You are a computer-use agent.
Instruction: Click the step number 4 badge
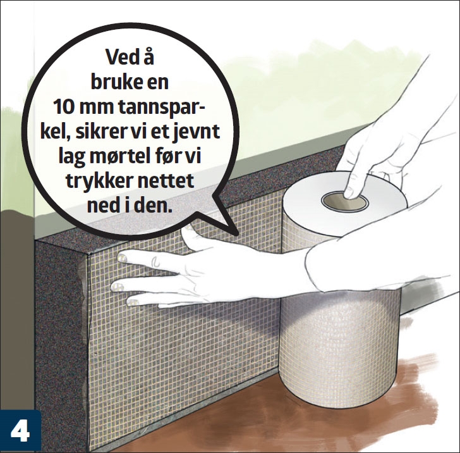point(20,432)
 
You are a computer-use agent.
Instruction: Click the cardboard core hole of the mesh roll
point(344,201)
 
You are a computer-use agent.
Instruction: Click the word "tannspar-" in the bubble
point(162,108)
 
